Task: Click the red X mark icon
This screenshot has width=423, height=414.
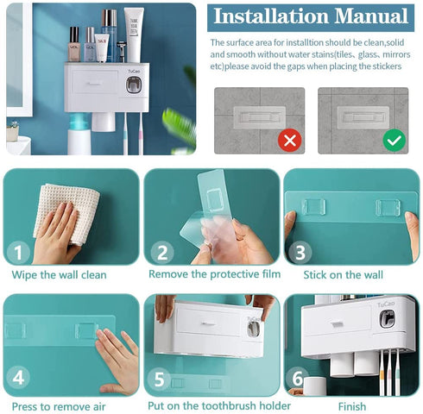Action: pyautogui.click(x=289, y=141)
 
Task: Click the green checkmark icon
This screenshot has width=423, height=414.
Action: pyautogui.click(x=394, y=140)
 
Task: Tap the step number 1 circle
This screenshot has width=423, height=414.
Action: pyautogui.click(x=18, y=253)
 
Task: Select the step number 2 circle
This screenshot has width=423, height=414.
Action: pyautogui.click(x=162, y=253)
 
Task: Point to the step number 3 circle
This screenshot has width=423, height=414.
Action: pyautogui.click(x=300, y=253)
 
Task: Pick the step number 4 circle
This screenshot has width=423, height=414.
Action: pyautogui.click(x=18, y=377)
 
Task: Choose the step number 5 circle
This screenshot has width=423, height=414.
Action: pyautogui.click(x=159, y=379)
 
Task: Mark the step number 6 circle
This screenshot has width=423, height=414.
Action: pyautogui.click(x=297, y=378)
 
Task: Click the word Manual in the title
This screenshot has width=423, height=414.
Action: pyautogui.click(x=371, y=16)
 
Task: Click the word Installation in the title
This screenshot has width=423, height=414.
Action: pyautogui.click(x=271, y=16)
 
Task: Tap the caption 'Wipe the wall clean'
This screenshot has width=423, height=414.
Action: pyautogui.click(x=59, y=275)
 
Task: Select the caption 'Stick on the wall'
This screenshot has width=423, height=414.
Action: pyautogui.click(x=343, y=275)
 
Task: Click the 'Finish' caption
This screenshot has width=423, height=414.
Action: pyautogui.click(x=352, y=406)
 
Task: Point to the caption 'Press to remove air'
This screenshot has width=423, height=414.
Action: pyautogui.click(x=59, y=407)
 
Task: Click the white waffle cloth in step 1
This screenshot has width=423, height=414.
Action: pyautogui.click(x=66, y=214)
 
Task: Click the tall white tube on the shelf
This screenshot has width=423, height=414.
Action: pyautogui.click(x=134, y=35)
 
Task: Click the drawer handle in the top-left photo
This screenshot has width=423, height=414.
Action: pyautogui.click(x=94, y=84)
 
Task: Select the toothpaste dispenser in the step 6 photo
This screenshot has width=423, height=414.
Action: pyautogui.click(x=387, y=319)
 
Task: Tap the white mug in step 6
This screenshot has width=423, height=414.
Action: pyautogui.click(x=315, y=386)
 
